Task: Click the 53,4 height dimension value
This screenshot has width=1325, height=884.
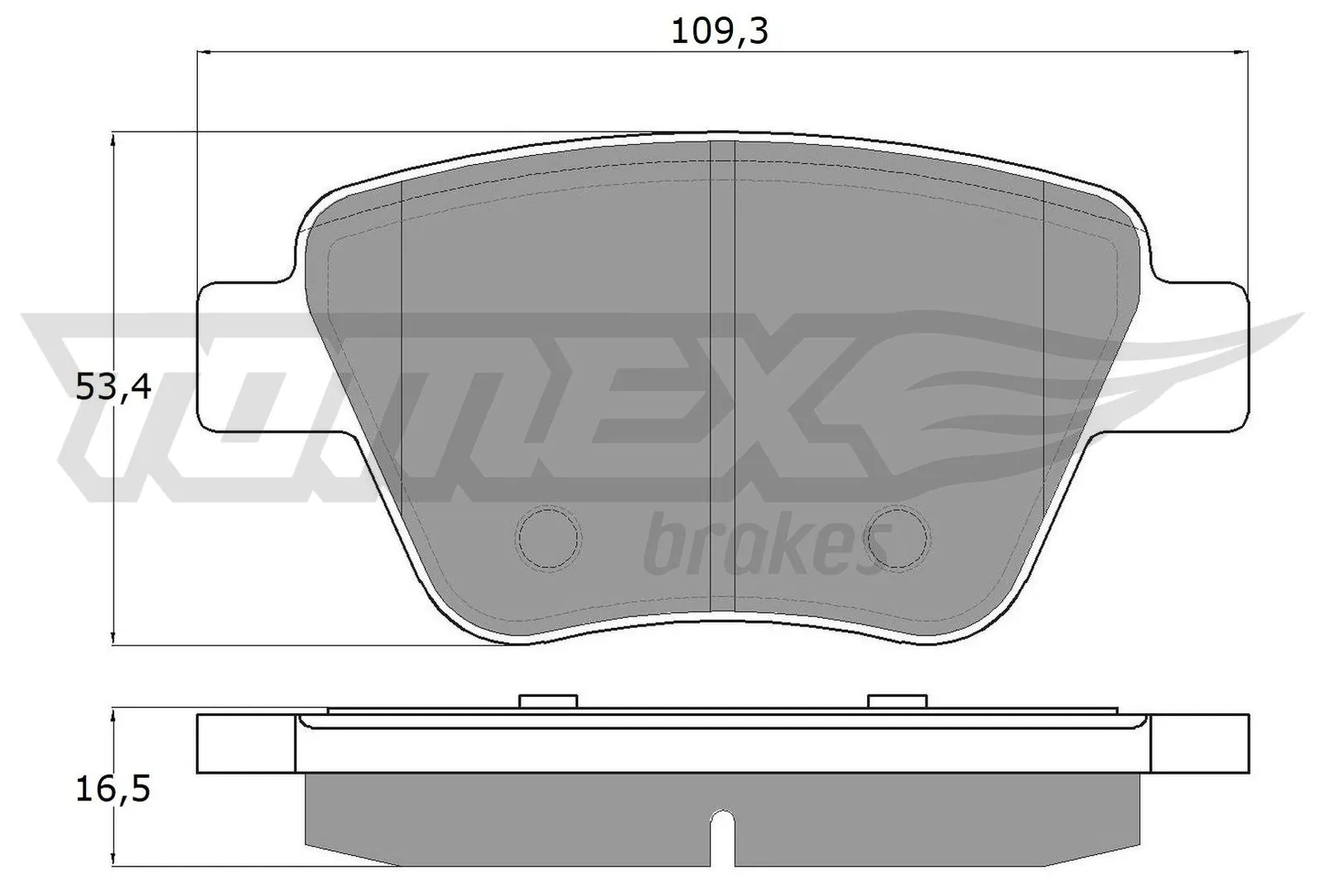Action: click(113, 387)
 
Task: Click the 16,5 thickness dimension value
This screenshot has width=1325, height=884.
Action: click(113, 790)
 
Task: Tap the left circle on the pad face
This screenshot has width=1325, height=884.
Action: click(548, 538)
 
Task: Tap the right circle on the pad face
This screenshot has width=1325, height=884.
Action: click(899, 538)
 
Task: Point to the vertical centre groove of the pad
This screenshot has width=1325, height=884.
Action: click(723, 373)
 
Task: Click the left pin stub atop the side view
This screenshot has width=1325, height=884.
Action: click(547, 701)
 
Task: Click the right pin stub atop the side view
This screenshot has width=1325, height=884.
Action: click(896, 701)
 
